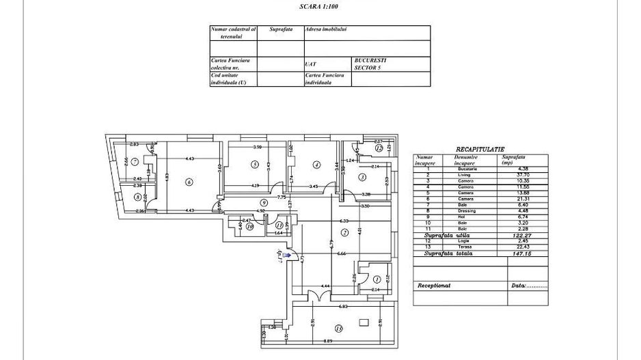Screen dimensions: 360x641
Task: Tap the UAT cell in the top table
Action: click(311, 64)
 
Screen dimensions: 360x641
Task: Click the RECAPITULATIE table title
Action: click(480, 148)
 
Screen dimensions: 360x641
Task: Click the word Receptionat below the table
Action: click(434, 285)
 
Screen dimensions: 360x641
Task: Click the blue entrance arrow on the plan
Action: click(287, 256)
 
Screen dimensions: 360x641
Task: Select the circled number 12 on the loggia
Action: click(379, 148)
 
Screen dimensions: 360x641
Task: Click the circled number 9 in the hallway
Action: click(262, 202)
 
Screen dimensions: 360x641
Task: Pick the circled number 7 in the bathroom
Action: click(135, 162)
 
